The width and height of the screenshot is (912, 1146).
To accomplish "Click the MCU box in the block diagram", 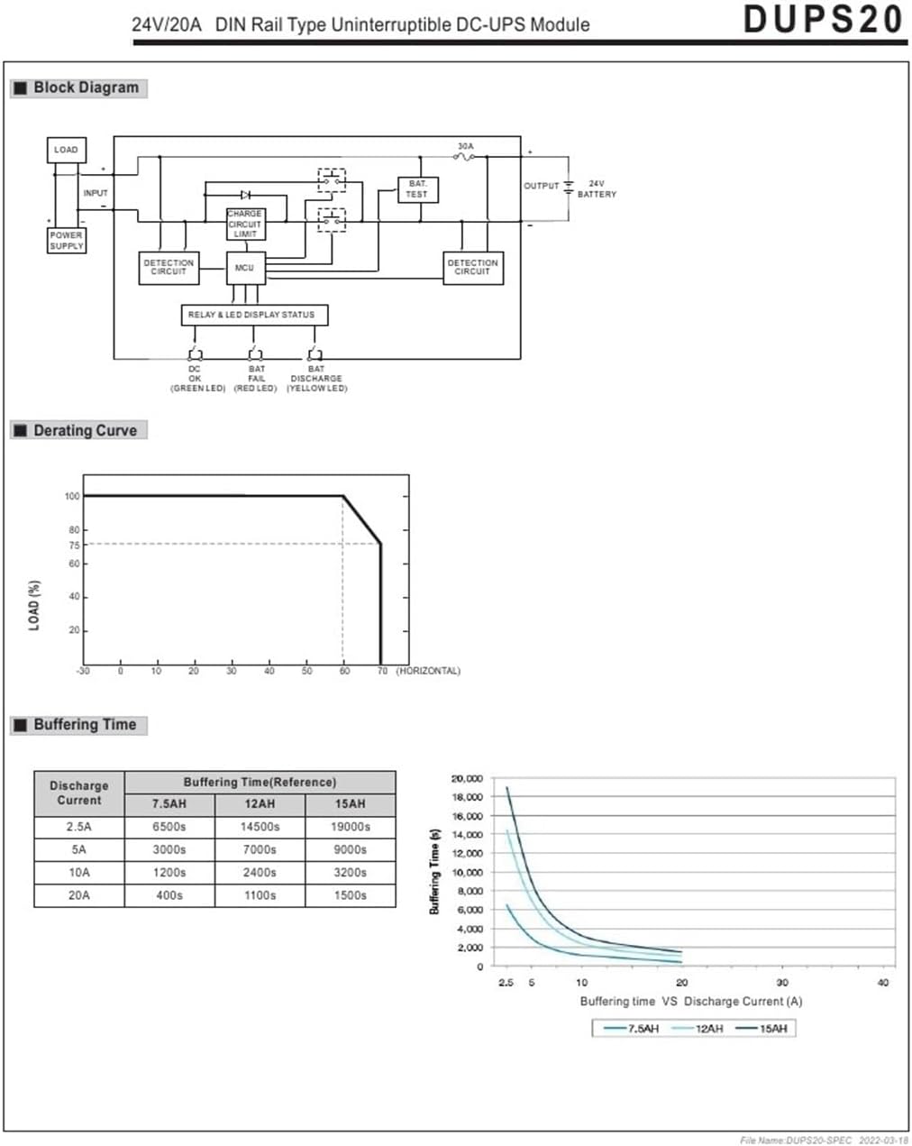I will [245, 268].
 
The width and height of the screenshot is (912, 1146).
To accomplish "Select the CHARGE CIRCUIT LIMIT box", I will [245, 224].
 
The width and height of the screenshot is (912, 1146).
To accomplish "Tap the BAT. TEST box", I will [417, 189].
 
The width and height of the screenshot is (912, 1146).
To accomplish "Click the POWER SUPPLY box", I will [66, 240].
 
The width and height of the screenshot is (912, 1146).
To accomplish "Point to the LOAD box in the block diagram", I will [66, 150].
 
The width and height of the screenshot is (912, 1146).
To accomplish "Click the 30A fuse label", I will [465, 146].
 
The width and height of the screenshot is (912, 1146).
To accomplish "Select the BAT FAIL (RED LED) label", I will [256, 379].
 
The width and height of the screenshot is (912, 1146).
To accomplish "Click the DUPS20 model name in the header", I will [823, 19].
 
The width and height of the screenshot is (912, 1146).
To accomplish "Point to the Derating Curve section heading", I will [85, 430].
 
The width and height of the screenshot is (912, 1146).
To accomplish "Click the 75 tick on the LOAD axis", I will [74, 545].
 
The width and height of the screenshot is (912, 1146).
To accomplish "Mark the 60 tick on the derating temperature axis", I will [344, 671].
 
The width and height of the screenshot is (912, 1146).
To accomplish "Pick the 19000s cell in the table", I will [350, 826].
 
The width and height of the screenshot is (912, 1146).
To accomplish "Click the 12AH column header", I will [260, 803].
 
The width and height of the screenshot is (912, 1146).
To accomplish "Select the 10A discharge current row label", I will [79, 872].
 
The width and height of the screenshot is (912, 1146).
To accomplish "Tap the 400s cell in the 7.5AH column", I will [169, 895].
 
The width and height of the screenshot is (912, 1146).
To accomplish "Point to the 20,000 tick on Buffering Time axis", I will [467, 778].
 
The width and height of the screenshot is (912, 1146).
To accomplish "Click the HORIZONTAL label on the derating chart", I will [428, 671].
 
